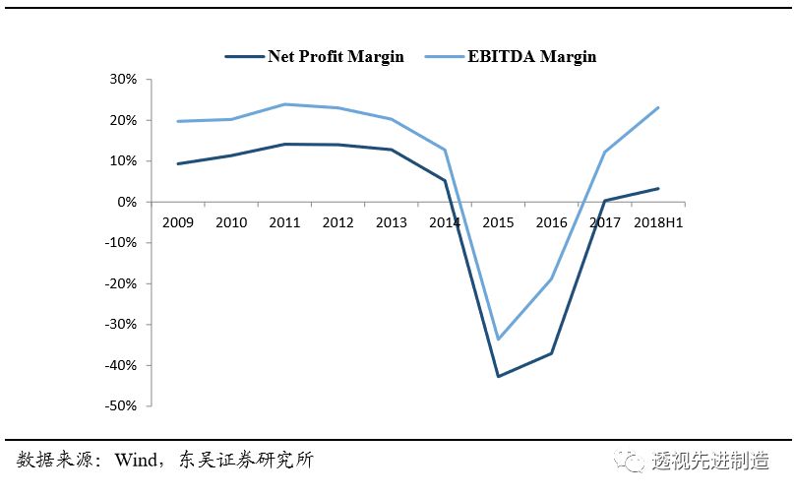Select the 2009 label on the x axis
tap(177, 223)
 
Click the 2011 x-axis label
tap(284, 223)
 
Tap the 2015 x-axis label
tap(498, 223)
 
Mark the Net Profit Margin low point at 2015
tap(498, 376)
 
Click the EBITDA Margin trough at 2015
tap(498, 340)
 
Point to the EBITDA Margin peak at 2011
tap(284, 104)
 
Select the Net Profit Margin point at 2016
tap(551, 352)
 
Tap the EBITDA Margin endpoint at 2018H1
tap(658, 107)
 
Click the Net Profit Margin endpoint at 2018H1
tap(658, 188)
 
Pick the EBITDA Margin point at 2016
tap(551, 278)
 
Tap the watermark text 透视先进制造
tap(710, 461)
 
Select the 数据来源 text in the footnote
tap(52, 461)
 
